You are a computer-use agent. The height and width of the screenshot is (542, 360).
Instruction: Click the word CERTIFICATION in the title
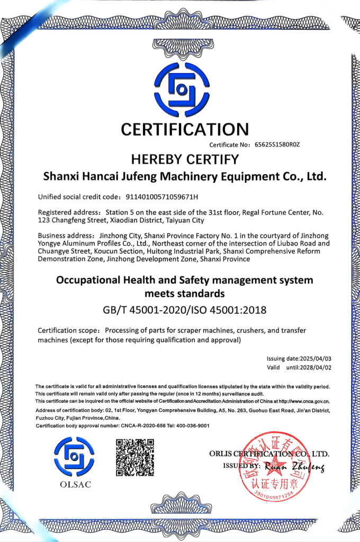184,129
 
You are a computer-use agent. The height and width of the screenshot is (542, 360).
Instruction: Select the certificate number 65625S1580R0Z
277,144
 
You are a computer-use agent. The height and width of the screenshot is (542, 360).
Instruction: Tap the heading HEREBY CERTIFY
185,159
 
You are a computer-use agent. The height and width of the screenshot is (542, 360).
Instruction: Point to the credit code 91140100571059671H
161,197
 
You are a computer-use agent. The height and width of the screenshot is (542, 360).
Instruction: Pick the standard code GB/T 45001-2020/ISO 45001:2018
184,310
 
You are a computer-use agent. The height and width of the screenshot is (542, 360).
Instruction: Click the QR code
135,457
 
